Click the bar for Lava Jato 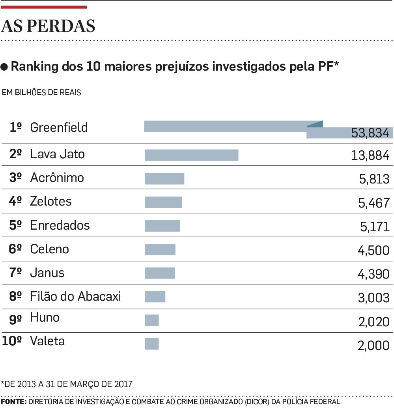pyautogui.click(x=192, y=155)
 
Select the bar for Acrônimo pyautogui.click(x=164, y=179)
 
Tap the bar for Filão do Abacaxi pyautogui.click(x=155, y=297)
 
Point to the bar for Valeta pyautogui.click(x=152, y=344)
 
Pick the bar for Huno pyautogui.click(x=152, y=320)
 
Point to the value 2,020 pyautogui.click(x=373, y=322)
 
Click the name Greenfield pyautogui.click(x=59, y=127)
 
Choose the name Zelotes pyautogui.click(x=51, y=202)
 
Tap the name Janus pyautogui.click(x=47, y=273)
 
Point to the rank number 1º pyautogui.click(x=15, y=127)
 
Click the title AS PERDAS pyautogui.click(x=49, y=26)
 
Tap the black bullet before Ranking pyautogui.click(x=5, y=67)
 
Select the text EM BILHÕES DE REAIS pyautogui.click(x=41, y=93)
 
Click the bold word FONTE pyautogui.click(x=13, y=402)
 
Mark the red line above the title pyautogui.click(x=44, y=7)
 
